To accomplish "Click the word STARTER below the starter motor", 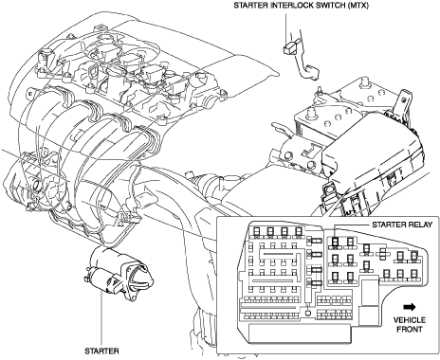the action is click(101, 351).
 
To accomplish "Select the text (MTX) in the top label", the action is click(357, 6).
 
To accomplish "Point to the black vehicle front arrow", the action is click(410, 307).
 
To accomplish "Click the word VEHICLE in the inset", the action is click(410, 320).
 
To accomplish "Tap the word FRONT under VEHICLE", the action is click(410, 329).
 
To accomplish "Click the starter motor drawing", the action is click(119, 274).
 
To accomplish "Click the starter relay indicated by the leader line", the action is click(335, 243).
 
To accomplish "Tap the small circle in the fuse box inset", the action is click(308, 313).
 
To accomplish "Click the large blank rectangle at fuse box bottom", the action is click(300, 333).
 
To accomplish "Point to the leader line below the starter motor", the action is click(101, 318).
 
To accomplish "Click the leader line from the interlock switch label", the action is click(285, 27).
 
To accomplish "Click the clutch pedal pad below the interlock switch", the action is click(312, 72).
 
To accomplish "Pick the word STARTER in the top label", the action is click(251, 6).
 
